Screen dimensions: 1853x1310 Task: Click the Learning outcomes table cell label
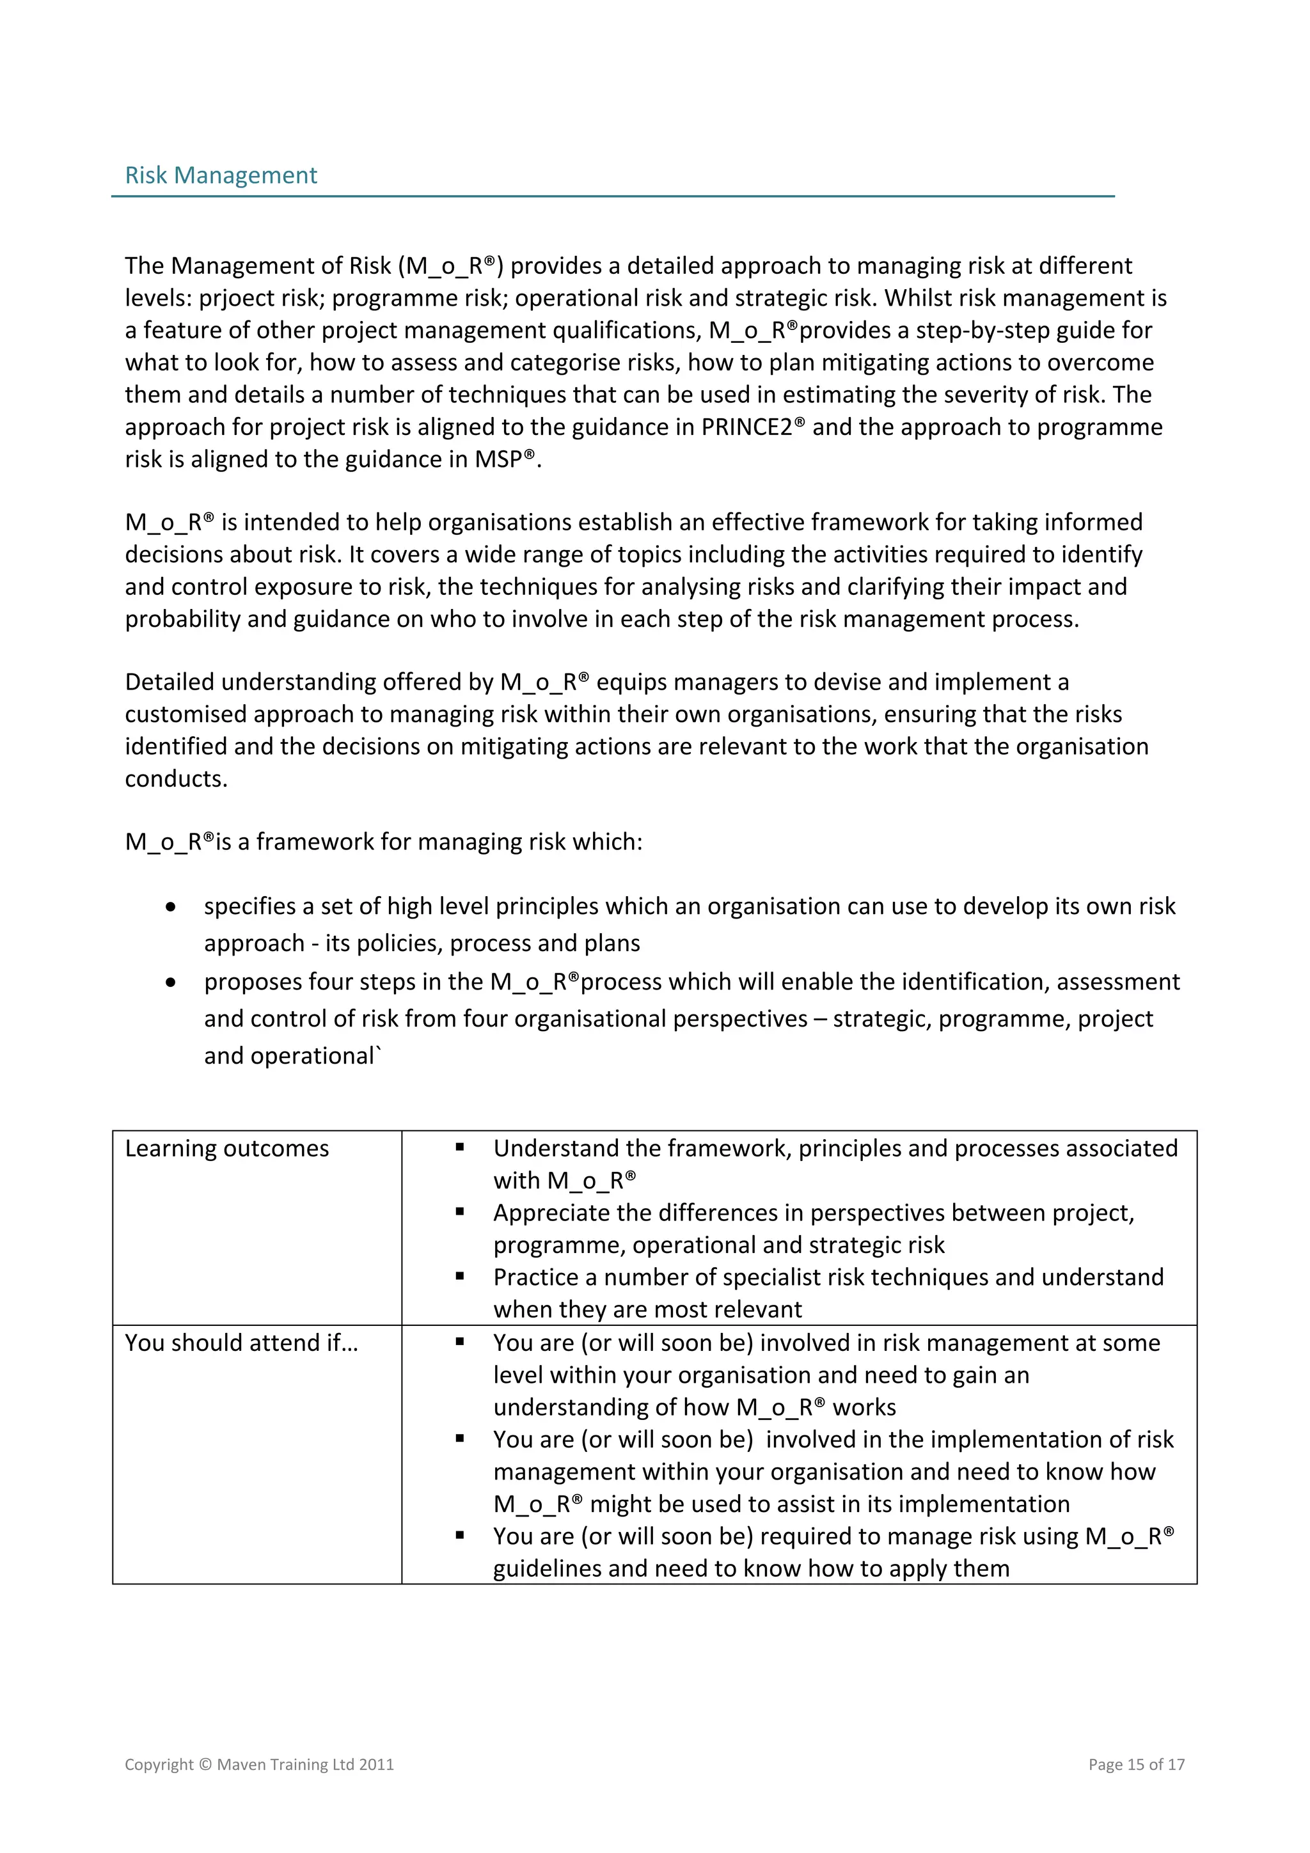coord(227,1148)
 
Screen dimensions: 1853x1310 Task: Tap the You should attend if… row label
coord(241,1343)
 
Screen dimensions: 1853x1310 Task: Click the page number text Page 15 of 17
coord(1135,1764)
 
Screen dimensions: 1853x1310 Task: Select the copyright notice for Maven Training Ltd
coord(259,1764)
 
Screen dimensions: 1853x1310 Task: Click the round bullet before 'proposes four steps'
coord(170,983)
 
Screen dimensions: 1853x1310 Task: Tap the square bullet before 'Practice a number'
coord(459,1276)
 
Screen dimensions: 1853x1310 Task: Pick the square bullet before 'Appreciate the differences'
coord(459,1211)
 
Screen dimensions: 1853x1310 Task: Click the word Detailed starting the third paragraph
coord(170,682)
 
